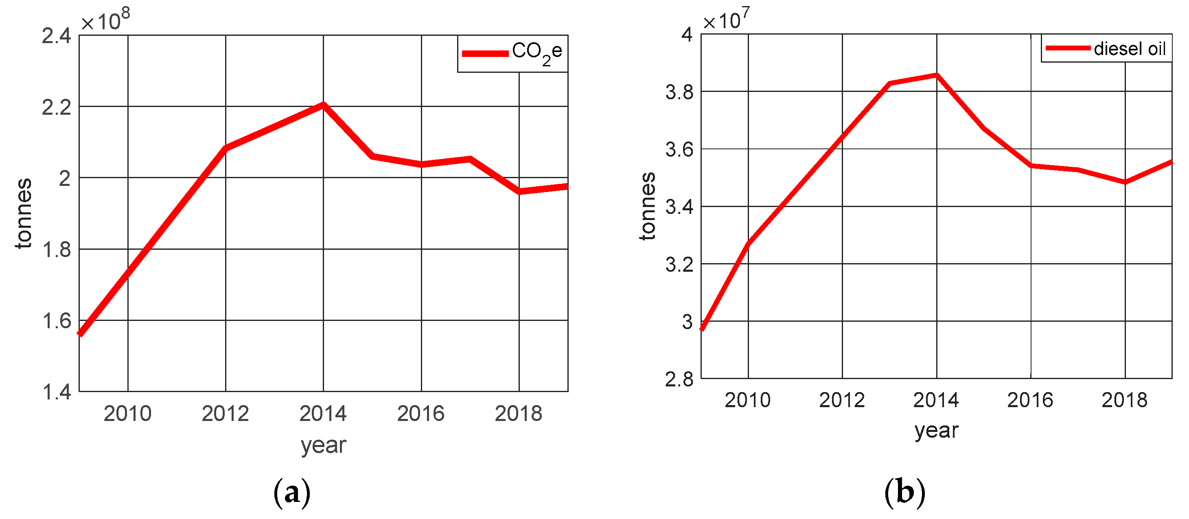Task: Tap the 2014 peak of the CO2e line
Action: click(x=324, y=105)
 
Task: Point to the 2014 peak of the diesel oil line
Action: click(x=937, y=75)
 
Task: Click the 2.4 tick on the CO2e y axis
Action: click(x=56, y=36)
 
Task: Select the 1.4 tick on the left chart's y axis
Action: click(x=56, y=392)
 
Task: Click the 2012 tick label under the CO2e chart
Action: click(x=225, y=414)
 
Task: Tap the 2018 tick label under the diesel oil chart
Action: click(x=1124, y=400)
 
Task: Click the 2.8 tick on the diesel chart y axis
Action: click(x=679, y=379)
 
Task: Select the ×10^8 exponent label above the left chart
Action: click(x=105, y=20)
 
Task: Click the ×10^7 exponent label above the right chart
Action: click(x=726, y=20)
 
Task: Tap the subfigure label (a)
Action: click(x=292, y=493)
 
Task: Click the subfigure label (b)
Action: click(x=904, y=492)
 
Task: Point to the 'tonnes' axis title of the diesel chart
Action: click(x=648, y=206)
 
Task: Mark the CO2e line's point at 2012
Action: click(x=226, y=148)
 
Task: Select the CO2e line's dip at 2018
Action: click(x=519, y=191)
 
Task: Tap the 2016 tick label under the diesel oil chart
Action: click(x=1030, y=400)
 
